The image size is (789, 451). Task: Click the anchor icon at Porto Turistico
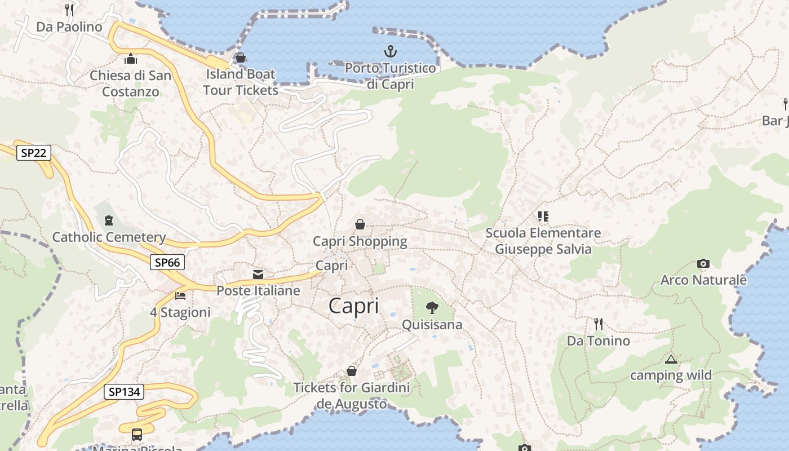390,52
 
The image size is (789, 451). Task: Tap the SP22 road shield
34,152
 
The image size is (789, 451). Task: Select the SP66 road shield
167,262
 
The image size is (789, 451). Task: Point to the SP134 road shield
124,392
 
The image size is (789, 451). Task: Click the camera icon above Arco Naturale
703,263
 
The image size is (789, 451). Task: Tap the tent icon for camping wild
671,359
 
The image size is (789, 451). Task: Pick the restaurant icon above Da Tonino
599,324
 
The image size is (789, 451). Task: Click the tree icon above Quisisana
432,307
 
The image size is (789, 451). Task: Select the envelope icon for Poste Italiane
258,275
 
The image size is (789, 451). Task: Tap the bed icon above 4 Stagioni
180,295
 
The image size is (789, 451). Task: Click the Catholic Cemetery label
109,237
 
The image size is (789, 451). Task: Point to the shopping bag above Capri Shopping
360,224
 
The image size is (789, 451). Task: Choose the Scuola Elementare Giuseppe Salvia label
543,241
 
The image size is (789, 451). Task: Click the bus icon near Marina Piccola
137,434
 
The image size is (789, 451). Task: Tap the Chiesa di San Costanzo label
131,83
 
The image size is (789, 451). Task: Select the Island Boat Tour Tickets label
241,82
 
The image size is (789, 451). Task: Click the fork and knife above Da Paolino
69,10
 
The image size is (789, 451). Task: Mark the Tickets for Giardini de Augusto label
352,396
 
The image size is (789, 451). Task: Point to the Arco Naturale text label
703,280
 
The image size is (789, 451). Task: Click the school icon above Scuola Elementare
543,216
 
